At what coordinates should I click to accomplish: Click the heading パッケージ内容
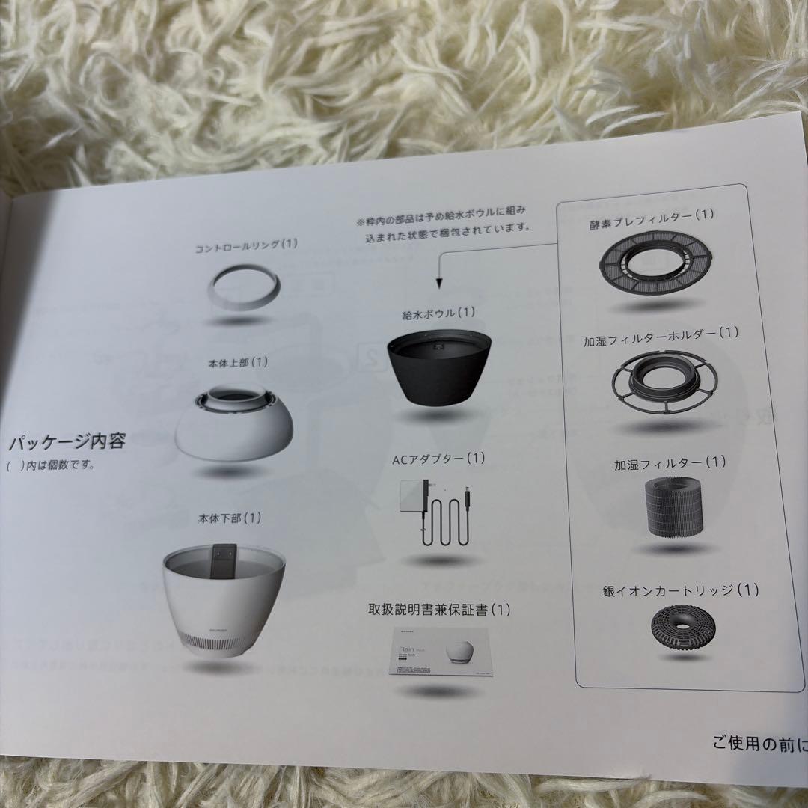coord(67,441)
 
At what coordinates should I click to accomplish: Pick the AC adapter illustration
coord(437,515)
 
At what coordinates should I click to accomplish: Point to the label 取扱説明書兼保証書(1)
coord(440,610)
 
